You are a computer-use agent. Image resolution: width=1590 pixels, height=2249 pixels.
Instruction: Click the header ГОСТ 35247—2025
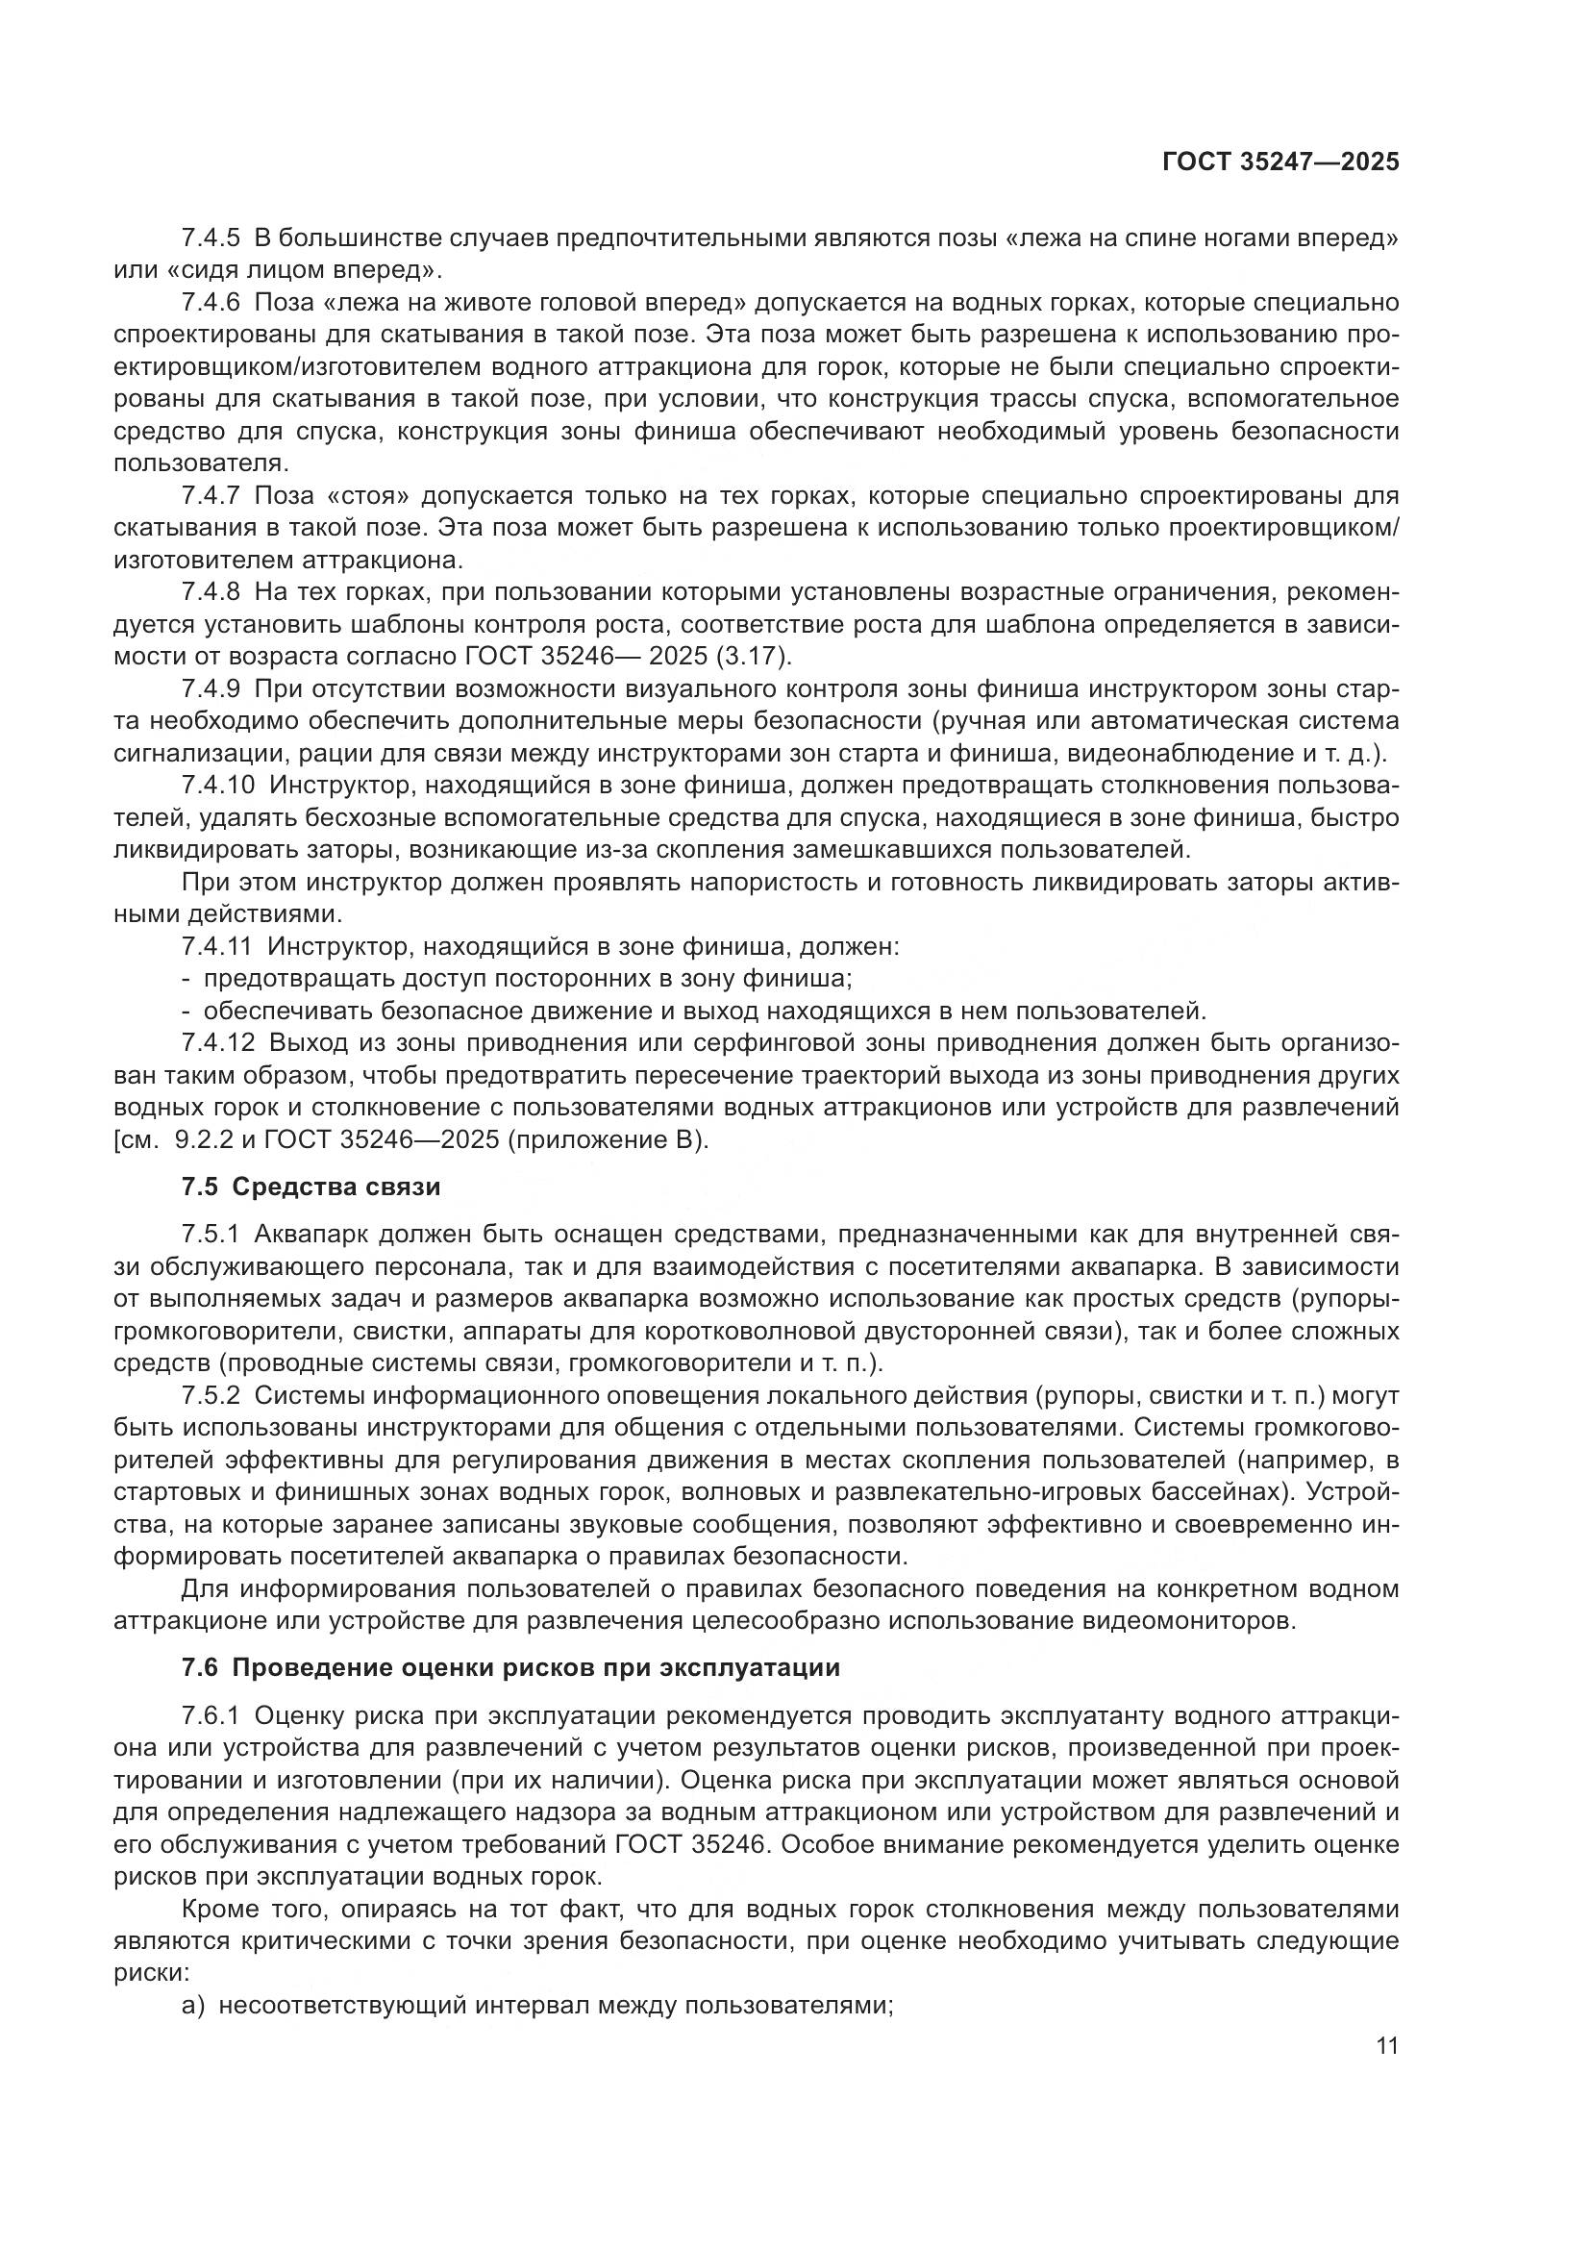coord(1279,162)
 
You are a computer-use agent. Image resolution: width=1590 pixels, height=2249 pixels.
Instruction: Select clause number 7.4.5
coord(211,238)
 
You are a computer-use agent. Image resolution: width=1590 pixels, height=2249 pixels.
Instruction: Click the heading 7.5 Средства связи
coord(311,1187)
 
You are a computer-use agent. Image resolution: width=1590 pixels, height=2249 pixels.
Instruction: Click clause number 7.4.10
coord(217,786)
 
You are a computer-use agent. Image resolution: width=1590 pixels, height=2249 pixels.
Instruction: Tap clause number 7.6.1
coord(211,1715)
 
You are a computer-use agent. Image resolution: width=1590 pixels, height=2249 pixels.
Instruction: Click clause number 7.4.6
coord(211,303)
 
